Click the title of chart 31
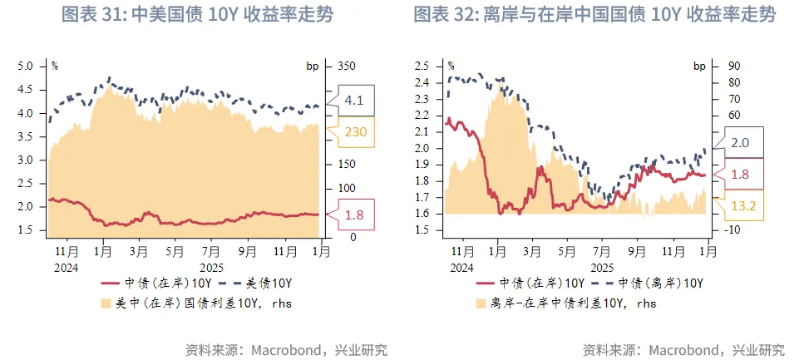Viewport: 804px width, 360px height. tap(198, 16)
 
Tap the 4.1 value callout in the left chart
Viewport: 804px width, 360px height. tap(354, 101)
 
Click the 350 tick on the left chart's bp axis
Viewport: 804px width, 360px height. tap(347, 66)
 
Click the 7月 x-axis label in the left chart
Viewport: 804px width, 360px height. tap(209, 249)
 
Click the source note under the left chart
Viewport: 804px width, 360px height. tap(286, 349)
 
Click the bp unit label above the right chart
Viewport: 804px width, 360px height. tap(699, 65)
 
